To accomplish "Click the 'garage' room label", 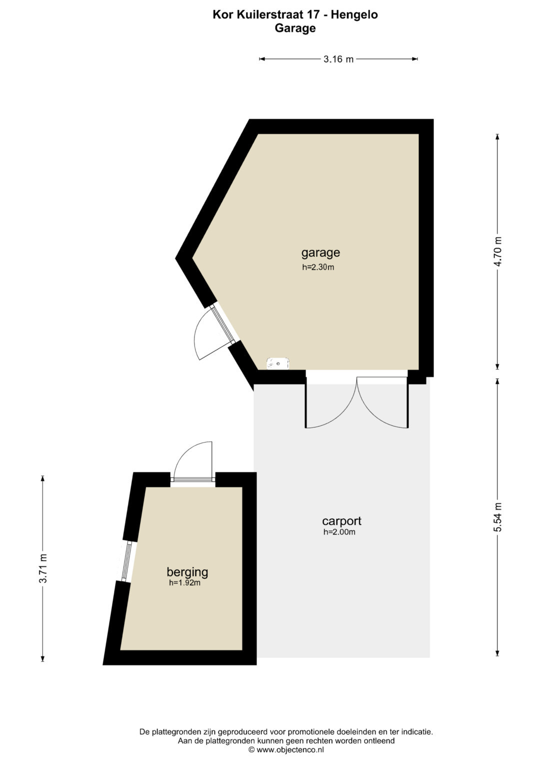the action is (320, 253).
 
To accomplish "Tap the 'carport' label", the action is (341, 521).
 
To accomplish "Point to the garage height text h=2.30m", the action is (318, 267).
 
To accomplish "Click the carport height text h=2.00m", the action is (339, 532).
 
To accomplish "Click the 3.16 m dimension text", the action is (338, 60).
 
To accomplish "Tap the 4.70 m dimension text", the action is (498, 251).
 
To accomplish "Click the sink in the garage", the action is (278, 363).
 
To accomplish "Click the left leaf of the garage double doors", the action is (330, 403).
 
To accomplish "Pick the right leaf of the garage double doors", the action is (383, 403).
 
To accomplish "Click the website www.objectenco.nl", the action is (290, 749).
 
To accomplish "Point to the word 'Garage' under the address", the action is (295, 29).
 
